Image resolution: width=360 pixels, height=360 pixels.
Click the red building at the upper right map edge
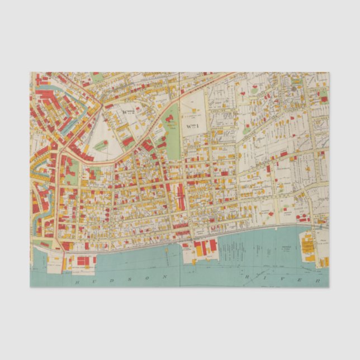click(x=324, y=99)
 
